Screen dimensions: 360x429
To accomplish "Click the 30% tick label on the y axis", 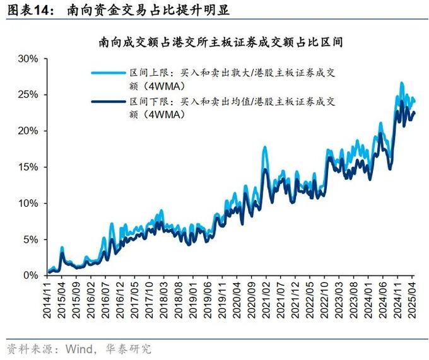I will click(x=28, y=59).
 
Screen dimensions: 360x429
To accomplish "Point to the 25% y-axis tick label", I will click(x=28, y=95).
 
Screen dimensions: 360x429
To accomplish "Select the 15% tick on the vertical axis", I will click(x=28, y=167).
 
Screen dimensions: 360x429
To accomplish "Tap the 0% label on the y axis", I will click(x=32, y=276).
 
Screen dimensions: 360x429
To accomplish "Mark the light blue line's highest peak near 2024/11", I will click(x=401, y=83).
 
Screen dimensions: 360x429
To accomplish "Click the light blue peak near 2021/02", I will click(x=264, y=147).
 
